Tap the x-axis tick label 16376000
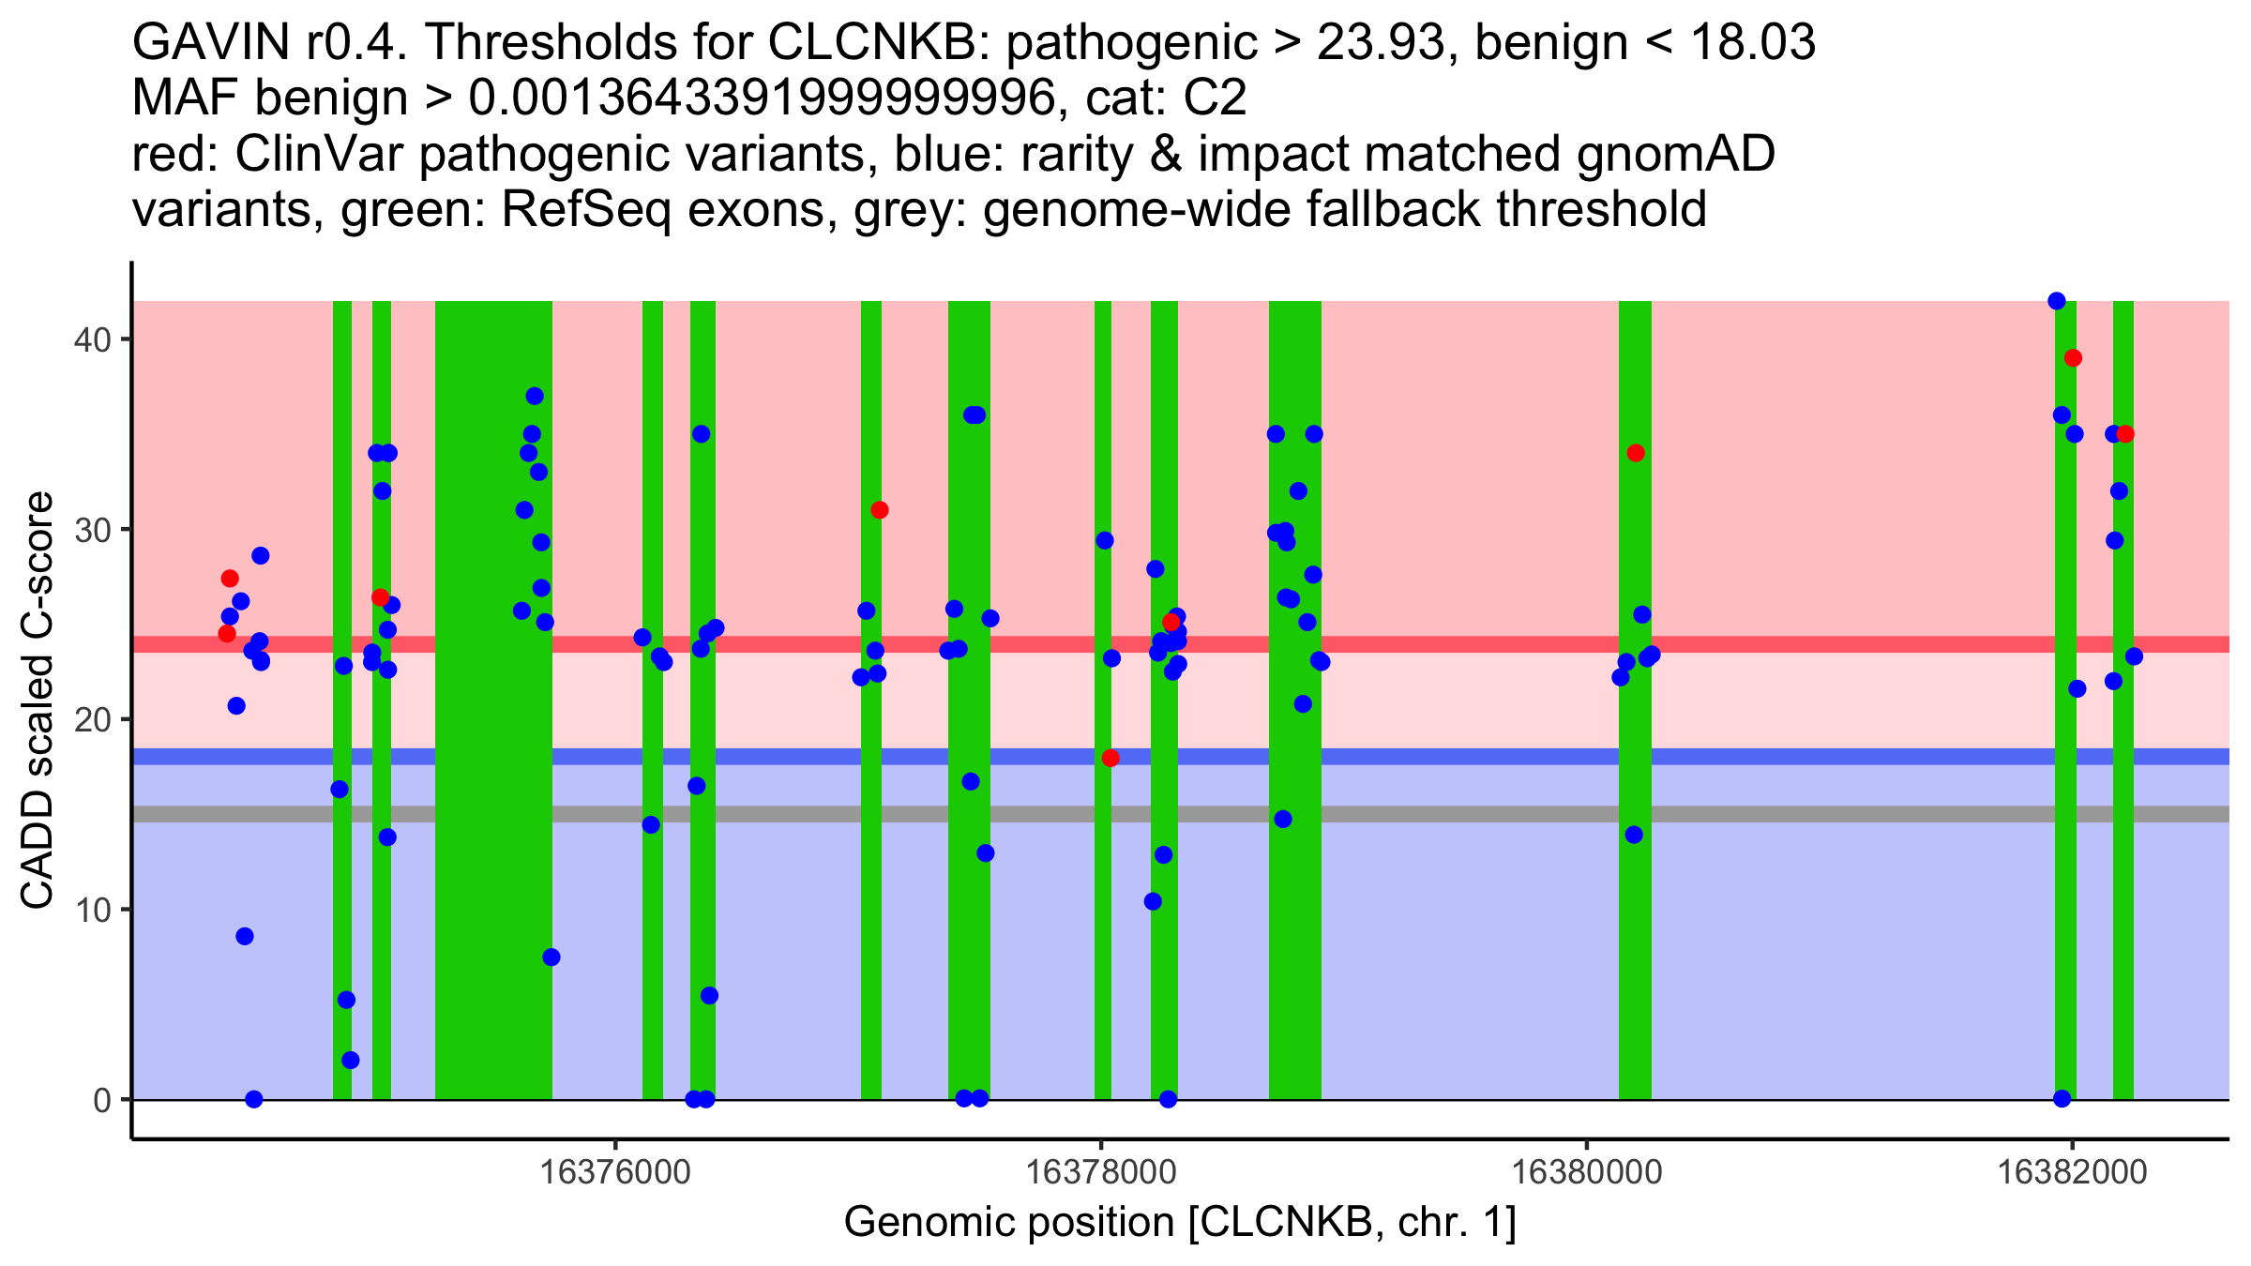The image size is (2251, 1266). point(616,1172)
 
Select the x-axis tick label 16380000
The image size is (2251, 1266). point(1587,1172)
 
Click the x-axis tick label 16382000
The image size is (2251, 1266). point(2072,1172)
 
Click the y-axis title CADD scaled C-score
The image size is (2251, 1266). point(38,701)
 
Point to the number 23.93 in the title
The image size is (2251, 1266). point(1384,42)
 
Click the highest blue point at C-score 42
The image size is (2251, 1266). point(2057,301)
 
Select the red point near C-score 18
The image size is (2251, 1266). point(1110,758)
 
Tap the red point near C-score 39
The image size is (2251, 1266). point(2073,358)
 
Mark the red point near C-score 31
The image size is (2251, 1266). point(879,510)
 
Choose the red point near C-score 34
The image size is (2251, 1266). point(1636,453)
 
